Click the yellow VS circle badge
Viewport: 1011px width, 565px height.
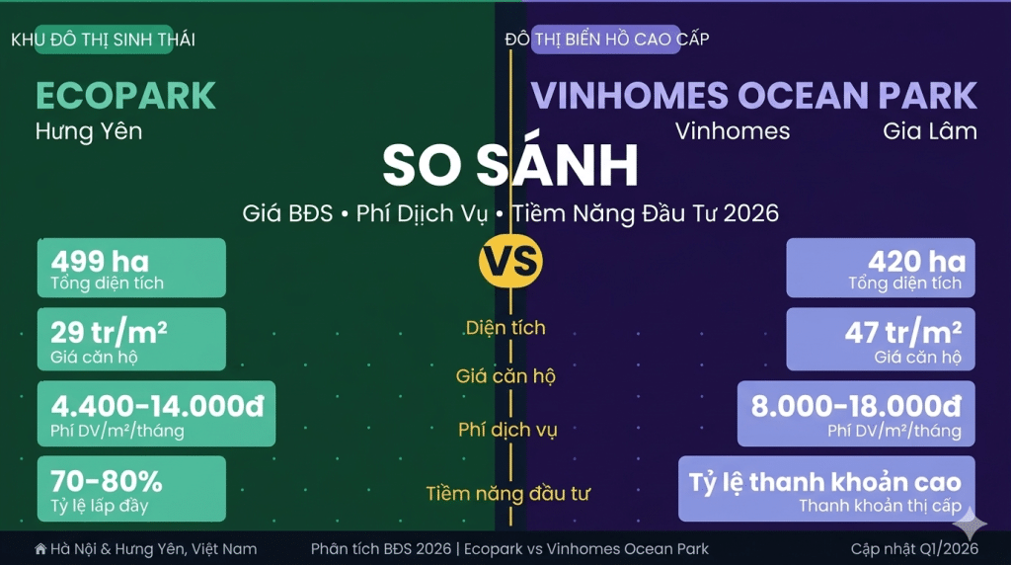point(510,261)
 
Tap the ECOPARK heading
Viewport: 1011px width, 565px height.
point(125,96)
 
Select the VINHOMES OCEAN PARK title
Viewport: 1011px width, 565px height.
point(753,96)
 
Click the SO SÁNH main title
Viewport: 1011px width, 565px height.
point(510,165)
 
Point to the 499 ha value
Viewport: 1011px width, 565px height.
point(100,261)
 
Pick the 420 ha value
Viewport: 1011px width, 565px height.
point(917,261)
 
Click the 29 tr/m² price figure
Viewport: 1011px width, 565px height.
point(109,333)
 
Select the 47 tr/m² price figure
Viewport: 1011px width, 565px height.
point(903,333)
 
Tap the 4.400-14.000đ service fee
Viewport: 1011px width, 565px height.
point(157,406)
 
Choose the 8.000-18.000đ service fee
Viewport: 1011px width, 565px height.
point(856,406)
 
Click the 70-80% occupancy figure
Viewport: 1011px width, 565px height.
point(107,480)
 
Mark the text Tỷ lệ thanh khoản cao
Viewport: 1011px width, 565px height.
point(825,482)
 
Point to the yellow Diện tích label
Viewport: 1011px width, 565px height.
point(505,328)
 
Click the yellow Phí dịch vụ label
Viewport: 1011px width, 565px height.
point(507,430)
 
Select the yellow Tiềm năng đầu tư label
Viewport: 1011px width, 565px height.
point(508,494)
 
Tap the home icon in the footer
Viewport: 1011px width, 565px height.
point(40,549)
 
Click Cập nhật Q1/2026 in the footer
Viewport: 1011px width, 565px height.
point(914,549)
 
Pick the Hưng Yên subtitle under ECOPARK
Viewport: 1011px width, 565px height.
point(89,131)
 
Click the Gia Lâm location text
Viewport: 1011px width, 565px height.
point(930,131)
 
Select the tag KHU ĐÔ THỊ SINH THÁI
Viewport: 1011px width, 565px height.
point(103,40)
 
